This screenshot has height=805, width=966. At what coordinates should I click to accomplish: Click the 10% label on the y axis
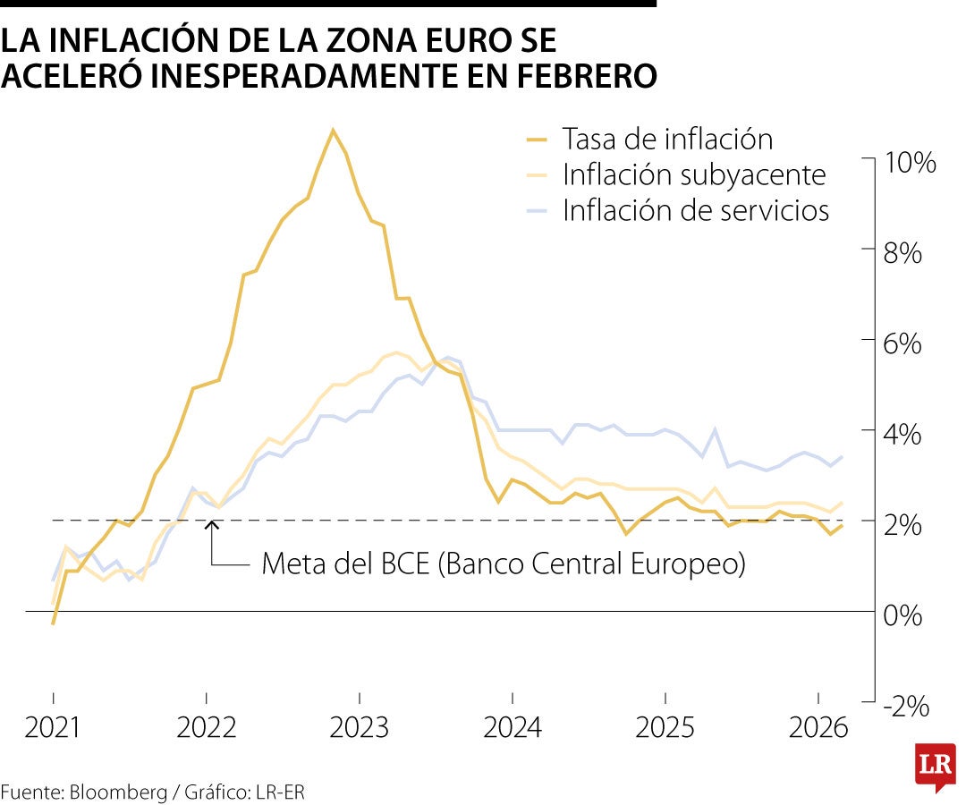click(x=909, y=163)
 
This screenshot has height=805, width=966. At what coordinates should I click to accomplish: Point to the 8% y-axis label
click(x=902, y=253)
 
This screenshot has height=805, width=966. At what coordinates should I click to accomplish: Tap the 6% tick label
click(x=902, y=344)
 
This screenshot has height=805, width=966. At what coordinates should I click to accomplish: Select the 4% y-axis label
click(x=902, y=436)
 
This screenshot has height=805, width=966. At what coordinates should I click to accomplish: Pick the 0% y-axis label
click(x=902, y=615)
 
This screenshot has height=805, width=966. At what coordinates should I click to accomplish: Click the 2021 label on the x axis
click(x=53, y=728)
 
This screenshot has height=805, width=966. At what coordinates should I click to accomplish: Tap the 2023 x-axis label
click(x=360, y=728)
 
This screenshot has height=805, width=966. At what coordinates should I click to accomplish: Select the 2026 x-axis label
click(x=818, y=728)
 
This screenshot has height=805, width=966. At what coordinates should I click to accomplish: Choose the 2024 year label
click(x=513, y=728)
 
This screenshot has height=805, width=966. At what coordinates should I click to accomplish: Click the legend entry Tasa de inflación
click(x=667, y=140)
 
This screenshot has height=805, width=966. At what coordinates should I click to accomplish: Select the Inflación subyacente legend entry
click(x=693, y=175)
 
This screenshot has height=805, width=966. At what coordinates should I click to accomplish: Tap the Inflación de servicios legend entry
click(x=696, y=211)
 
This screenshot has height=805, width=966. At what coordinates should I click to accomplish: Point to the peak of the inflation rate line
click(x=332, y=131)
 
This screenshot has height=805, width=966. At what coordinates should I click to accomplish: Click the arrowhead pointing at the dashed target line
click(x=211, y=526)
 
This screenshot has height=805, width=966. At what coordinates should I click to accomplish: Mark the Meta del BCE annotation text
click(x=503, y=564)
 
